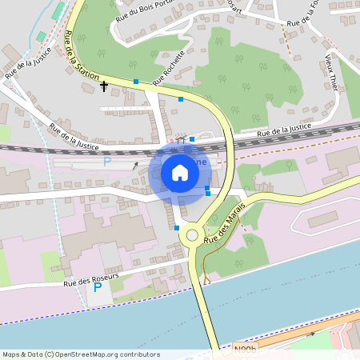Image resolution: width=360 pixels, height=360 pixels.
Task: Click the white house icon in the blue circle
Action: pos(179,172)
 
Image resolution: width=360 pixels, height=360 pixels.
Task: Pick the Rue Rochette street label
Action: pos(169,67)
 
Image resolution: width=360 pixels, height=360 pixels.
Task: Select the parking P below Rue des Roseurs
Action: pos(98,287)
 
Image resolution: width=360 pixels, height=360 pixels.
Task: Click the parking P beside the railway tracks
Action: pos(107,162)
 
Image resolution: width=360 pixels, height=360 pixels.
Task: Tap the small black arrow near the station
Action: pos(135,166)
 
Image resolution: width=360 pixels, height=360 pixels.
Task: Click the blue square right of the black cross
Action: pos(136,82)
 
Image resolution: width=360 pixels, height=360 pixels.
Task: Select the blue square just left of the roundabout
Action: pos(177,228)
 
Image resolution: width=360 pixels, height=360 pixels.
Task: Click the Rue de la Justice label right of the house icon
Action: pos(283,130)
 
